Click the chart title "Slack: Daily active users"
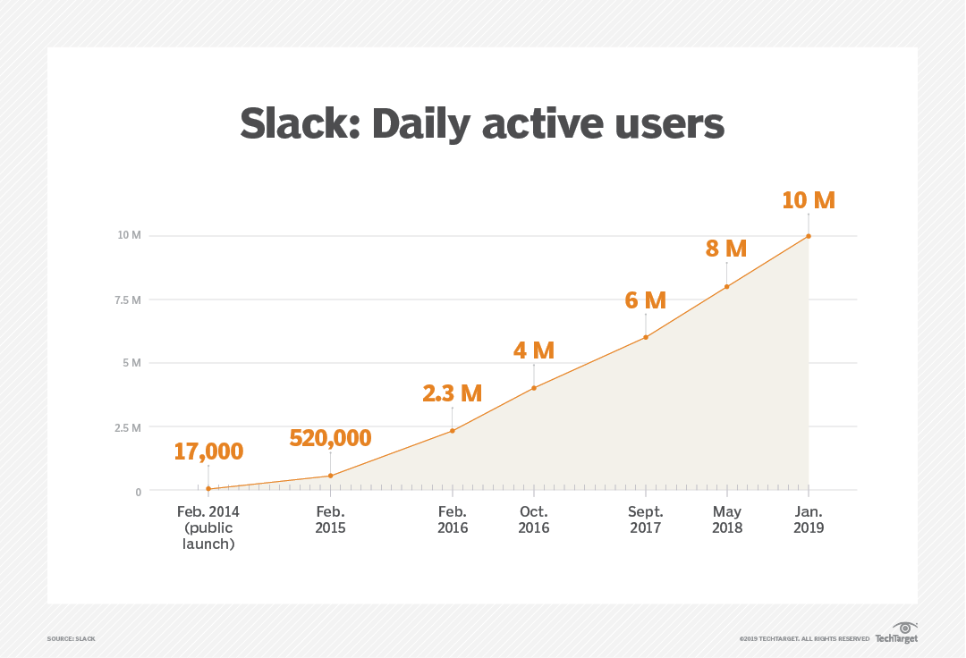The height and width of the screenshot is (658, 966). [x=482, y=123]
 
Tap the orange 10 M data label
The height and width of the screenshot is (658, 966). [x=808, y=200]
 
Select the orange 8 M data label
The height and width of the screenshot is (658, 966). [x=725, y=249]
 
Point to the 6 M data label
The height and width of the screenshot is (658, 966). [x=645, y=300]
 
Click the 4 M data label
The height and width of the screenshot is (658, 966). [x=534, y=350]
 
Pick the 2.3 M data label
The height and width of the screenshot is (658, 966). [x=452, y=393]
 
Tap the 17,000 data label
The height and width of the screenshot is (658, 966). [x=208, y=451]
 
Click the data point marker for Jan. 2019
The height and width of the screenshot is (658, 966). [x=809, y=236]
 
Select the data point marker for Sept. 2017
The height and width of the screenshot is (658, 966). [x=645, y=337]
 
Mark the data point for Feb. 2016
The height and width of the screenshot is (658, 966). [x=453, y=431]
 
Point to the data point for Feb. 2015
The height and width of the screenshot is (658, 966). [x=331, y=476]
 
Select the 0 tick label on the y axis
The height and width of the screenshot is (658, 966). [x=138, y=492]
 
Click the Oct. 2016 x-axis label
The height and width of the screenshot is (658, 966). [x=534, y=519]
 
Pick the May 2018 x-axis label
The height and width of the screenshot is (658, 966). [x=726, y=519]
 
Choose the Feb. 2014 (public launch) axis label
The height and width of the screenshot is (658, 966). [x=208, y=527]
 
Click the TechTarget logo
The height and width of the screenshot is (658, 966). [x=897, y=633]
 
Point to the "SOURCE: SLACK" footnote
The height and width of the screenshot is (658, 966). [x=72, y=638]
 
